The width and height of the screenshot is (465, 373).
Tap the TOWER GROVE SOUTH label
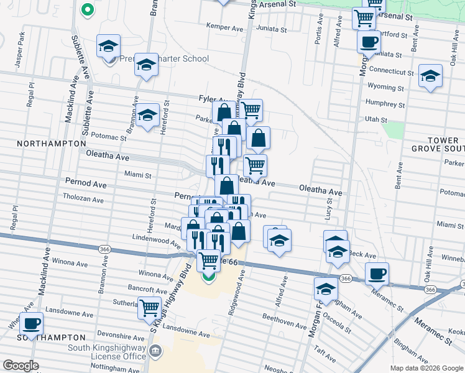pyautogui.click(x=438, y=144)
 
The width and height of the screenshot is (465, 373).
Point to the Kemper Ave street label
pyautogui.click(x=224, y=29)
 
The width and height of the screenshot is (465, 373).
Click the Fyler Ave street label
pyautogui.click(x=211, y=99)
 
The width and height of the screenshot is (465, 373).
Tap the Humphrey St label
pyautogui.click(x=385, y=105)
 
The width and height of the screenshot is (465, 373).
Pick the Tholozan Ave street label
pyautogui.click(x=83, y=199)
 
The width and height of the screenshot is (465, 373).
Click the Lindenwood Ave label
pyautogui.click(x=156, y=239)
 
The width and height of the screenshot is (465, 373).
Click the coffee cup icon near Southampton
pyautogui.click(x=31, y=323)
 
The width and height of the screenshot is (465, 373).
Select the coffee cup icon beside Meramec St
pyautogui.click(x=377, y=274)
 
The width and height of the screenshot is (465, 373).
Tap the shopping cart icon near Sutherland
pyautogui.click(x=150, y=306)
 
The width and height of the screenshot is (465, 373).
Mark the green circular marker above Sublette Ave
pyautogui.click(x=88, y=9)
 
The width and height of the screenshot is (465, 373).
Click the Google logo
pyautogui.click(x=21, y=366)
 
